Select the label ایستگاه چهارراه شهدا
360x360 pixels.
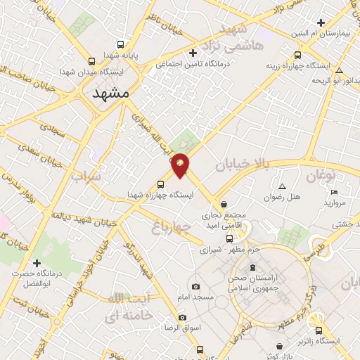(x=160, y=195)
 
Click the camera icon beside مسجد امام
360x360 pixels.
(x=195, y=287)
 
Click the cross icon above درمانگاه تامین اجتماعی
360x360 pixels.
(x=193, y=53)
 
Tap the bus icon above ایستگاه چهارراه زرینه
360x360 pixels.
(x=297, y=55)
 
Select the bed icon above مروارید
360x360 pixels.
(x=335, y=192)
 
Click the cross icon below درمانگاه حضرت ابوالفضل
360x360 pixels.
(x=27, y=283)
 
